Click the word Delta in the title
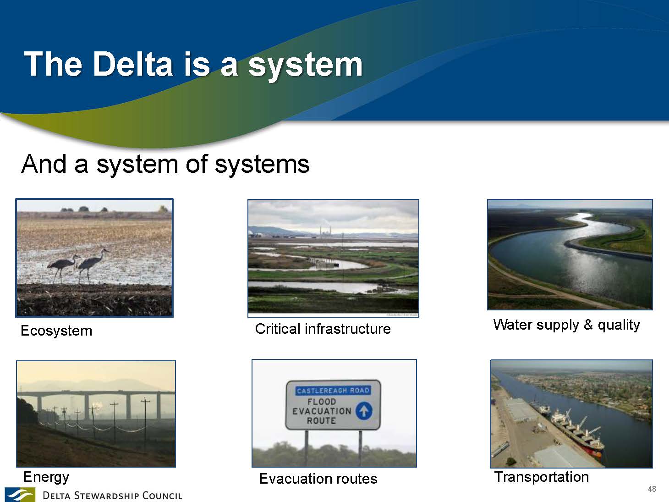click(133, 64)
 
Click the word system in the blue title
click(305, 66)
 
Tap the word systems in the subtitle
click(262, 165)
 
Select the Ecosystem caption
click(56, 331)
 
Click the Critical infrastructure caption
click(323, 329)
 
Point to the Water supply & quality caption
click(567, 325)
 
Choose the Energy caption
click(46, 477)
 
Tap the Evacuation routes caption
click(318, 479)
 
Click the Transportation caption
click(542, 477)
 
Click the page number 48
click(652, 489)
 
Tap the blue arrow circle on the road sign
click(364, 411)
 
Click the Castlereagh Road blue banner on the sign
click(333, 391)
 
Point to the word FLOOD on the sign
click(322, 402)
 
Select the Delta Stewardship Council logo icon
click(20, 495)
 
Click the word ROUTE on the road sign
click(321, 420)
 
